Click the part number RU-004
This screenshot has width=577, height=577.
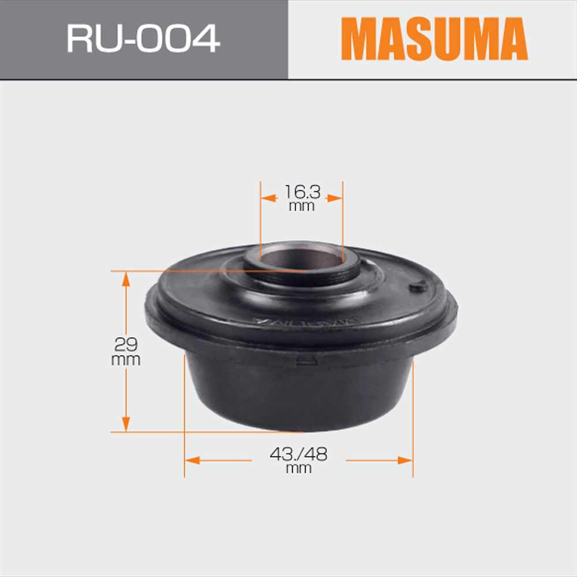click(x=143, y=38)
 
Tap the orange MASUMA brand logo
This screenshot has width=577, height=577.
click(x=434, y=39)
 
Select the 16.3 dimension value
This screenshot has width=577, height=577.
click(x=302, y=192)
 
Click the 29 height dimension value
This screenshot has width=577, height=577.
click(x=126, y=344)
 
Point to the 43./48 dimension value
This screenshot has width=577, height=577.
click(x=298, y=454)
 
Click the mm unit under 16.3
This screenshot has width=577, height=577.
click(x=302, y=207)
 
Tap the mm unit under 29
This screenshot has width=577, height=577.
click(x=126, y=360)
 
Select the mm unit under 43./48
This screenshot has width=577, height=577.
click(x=299, y=469)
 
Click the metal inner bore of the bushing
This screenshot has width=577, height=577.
click(x=302, y=257)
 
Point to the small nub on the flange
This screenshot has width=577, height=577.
click(x=418, y=286)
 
